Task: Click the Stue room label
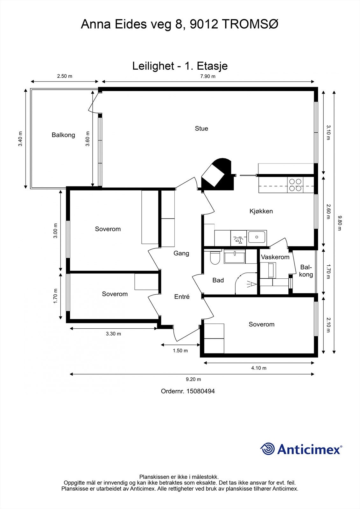pos(201,129)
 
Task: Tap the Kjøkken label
pos(261,211)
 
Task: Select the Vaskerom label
pos(275,257)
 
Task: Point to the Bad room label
pos(218,280)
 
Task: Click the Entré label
pos(182,296)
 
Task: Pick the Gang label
pos(181,253)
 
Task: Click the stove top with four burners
pos(295,185)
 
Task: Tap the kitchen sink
pos(257,237)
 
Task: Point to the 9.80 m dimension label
pos(340,223)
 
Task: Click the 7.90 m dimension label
pos(208,76)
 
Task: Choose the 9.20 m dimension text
pos(193,379)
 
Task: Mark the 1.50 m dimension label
pos(180,351)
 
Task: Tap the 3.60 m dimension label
pos(88,139)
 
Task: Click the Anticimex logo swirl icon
pos(267,449)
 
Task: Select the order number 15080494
pos(201,391)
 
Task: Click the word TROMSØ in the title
pos(250,24)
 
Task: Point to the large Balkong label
pos(63,135)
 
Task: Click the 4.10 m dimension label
pos(259,368)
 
